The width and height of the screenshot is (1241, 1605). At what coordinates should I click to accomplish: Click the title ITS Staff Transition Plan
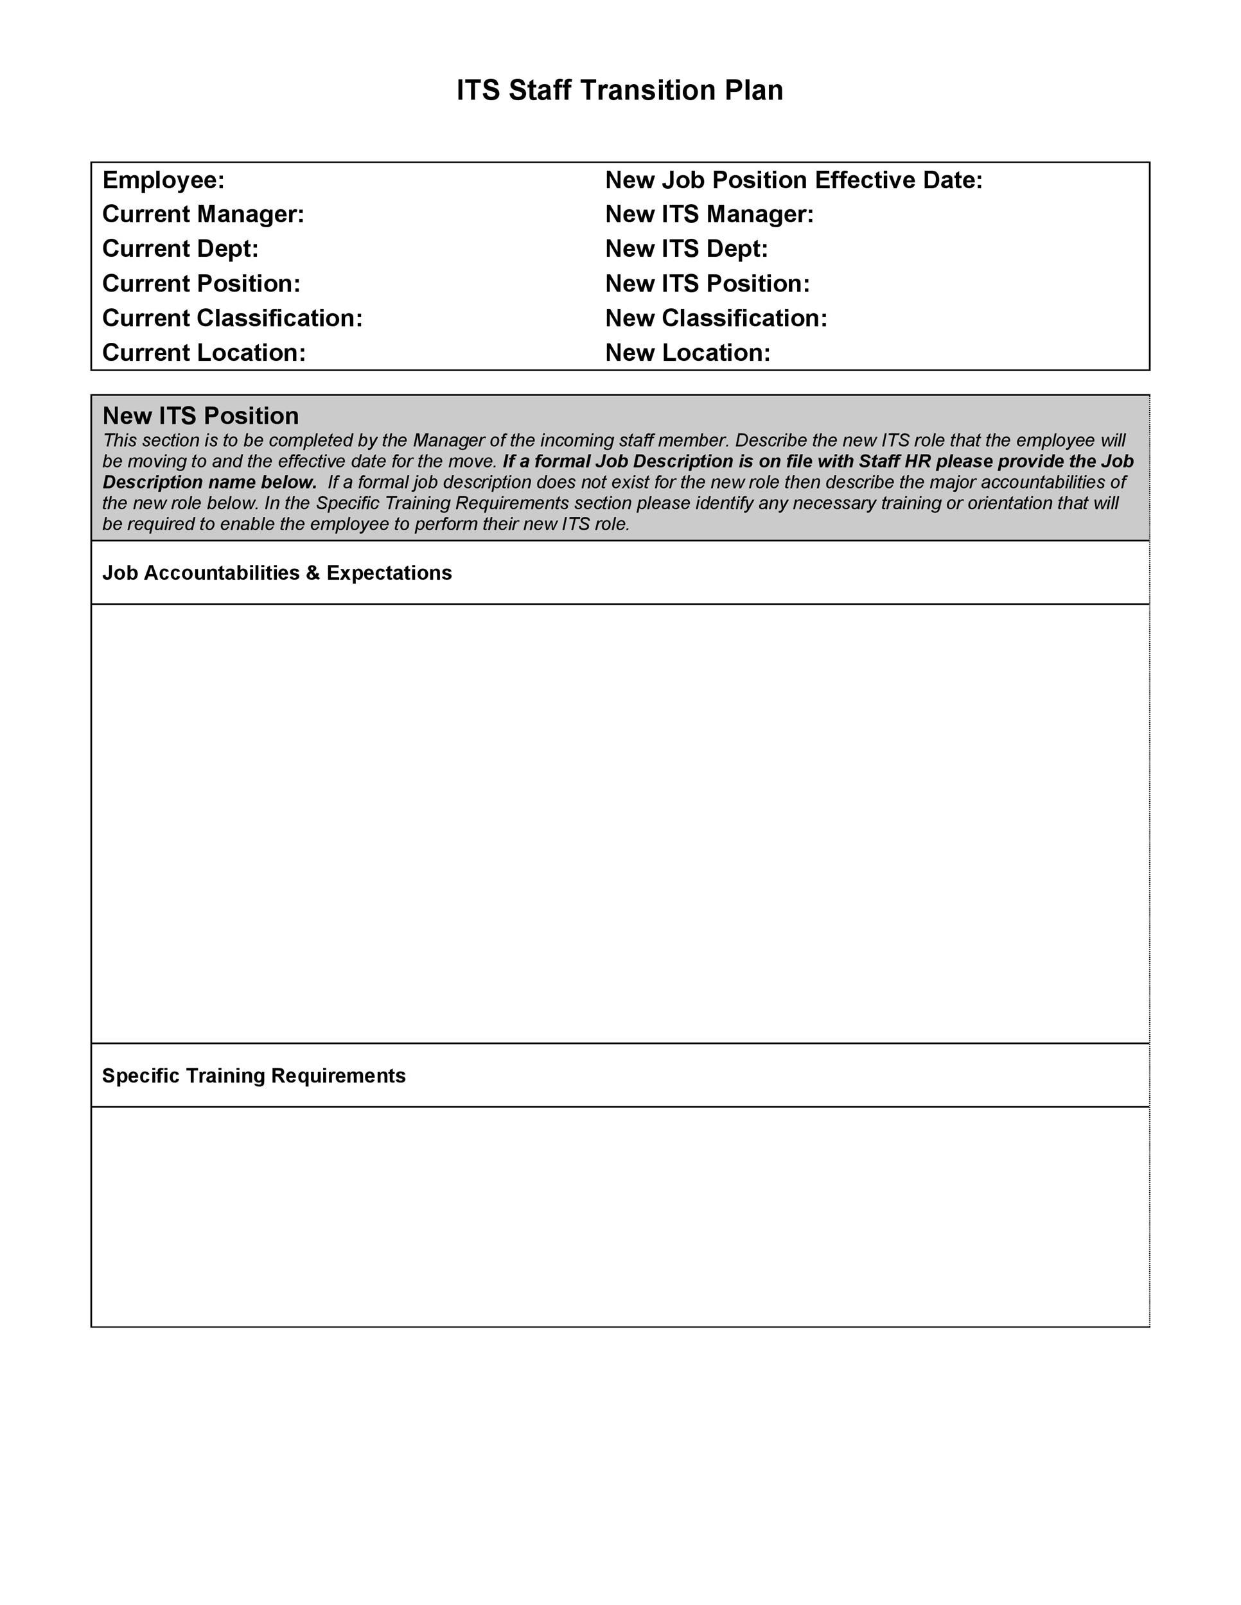[620, 91]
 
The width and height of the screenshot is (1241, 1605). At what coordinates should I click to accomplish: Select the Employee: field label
[163, 180]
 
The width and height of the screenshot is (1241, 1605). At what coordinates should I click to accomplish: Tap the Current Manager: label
[203, 214]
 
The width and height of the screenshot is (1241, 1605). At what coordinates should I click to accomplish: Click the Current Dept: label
[180, 249]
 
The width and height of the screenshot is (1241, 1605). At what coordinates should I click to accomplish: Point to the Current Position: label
[200, 284]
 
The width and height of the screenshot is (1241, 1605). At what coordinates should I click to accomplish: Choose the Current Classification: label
[233, 318]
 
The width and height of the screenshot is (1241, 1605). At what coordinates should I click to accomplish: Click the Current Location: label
[204, 352]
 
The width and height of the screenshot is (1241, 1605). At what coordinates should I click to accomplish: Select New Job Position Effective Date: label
[793, 180]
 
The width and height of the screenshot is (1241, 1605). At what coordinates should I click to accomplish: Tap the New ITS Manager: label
[709, 214]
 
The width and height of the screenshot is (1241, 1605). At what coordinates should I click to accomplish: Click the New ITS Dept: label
[686, 249]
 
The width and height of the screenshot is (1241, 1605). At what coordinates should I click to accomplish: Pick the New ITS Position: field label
[707, 284]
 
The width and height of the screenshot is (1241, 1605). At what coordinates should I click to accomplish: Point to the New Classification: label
[716, 318]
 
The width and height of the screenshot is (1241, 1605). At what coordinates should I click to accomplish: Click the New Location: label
[687, 352]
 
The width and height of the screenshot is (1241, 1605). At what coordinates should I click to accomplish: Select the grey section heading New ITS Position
[200, 416]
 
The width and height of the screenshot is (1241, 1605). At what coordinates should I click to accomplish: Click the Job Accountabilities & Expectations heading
[276, 573]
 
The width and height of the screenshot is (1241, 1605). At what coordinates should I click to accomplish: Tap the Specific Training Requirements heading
[254, 1076]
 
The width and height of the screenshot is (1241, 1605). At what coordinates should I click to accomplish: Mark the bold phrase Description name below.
[209, 482]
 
